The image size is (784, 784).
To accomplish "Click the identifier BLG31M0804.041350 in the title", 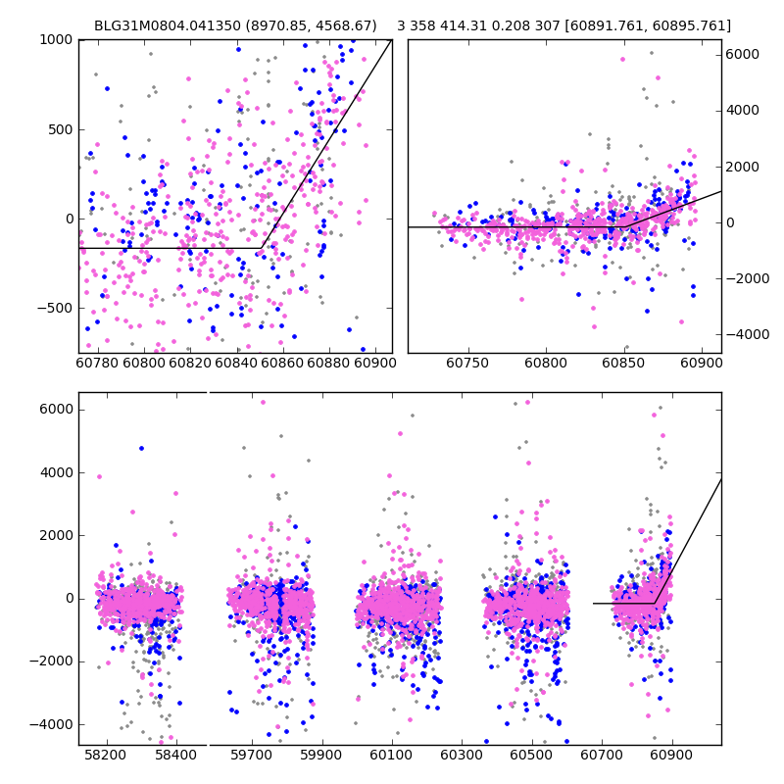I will pos(157,26).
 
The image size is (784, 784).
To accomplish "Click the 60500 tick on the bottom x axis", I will pos(532,758).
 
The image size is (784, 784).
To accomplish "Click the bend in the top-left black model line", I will pos(262,248).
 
